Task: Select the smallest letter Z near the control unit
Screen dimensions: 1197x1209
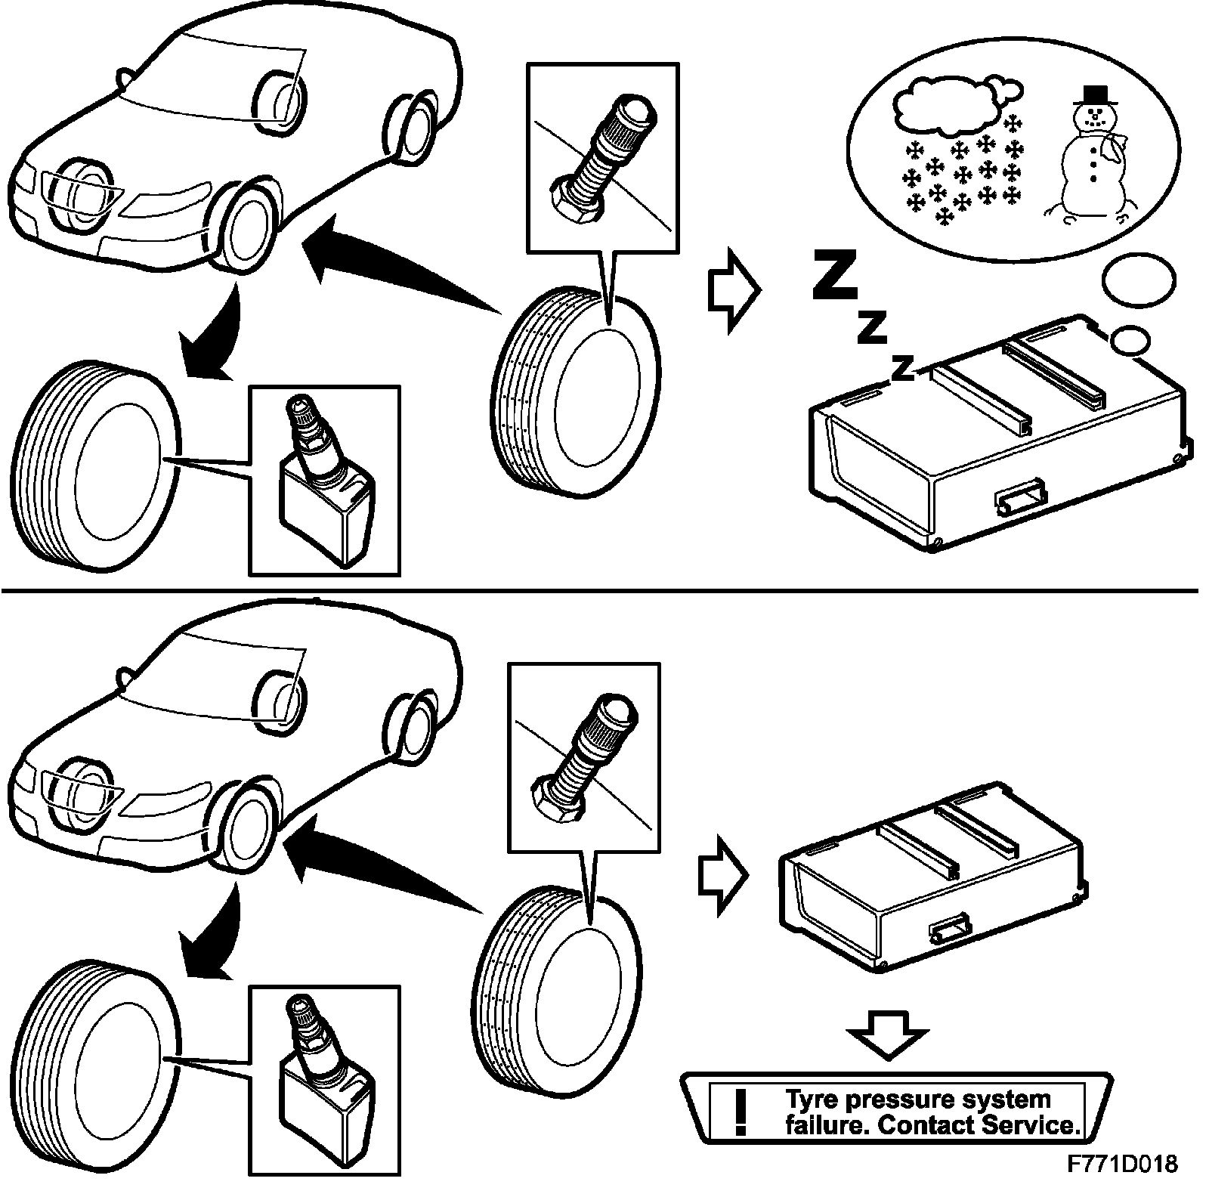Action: tap(901, 368)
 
